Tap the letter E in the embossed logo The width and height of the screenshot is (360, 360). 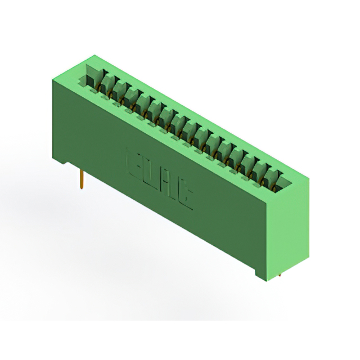click(135, 161)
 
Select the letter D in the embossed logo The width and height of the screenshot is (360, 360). click(152, 173)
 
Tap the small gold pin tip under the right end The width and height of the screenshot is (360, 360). click(280, 276)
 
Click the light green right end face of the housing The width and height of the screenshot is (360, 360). click(295, 225)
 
